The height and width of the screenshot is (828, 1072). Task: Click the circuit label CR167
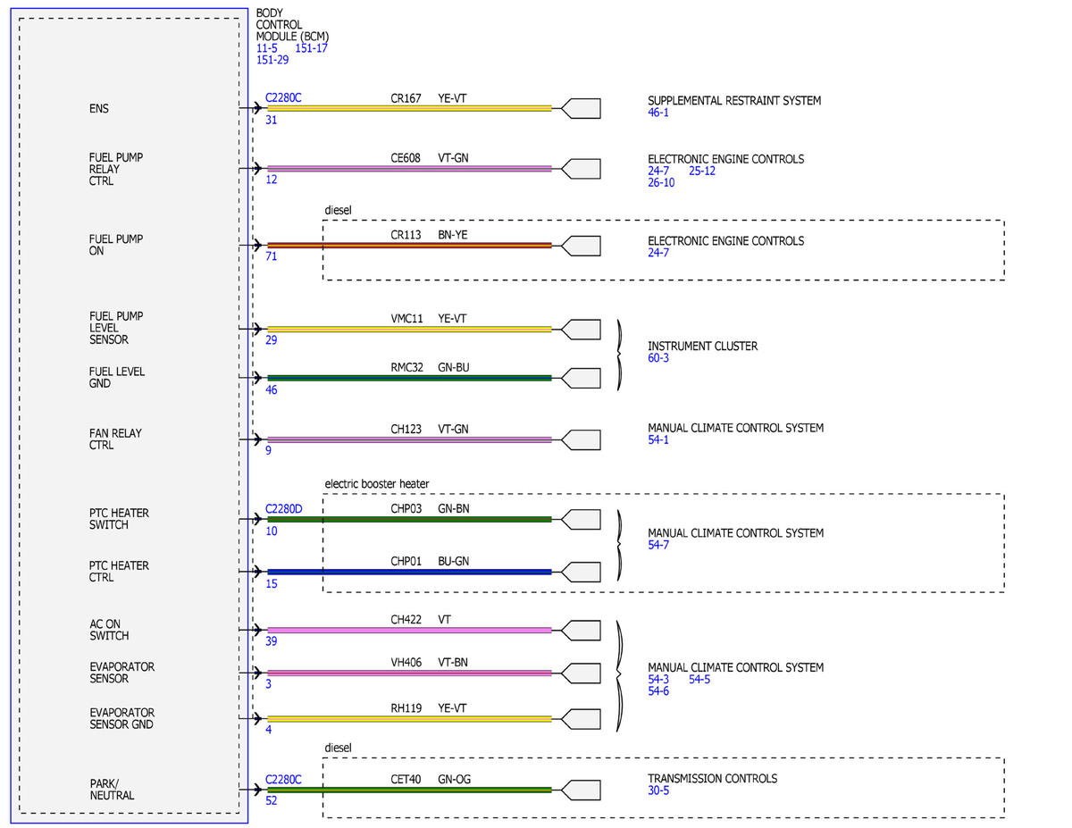pos(406,98)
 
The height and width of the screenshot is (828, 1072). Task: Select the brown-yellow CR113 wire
pos(409,246)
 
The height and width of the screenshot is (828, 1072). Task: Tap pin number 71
pos(271,256)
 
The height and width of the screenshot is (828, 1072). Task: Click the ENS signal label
pos(98,108)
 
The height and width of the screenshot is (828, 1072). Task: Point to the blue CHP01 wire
pos(409,572)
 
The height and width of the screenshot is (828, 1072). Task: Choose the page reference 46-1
pos(658,113)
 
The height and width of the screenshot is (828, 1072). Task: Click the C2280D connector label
pos(284,509)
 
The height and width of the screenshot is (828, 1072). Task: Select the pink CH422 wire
pos(409,631)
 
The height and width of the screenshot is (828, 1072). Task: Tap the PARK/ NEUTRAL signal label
pos(112,790)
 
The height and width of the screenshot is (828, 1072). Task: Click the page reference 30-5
pos(658,790)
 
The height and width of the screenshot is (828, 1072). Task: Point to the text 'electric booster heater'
pos(376,484)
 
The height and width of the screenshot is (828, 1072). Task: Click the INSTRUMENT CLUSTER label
pos(702,347)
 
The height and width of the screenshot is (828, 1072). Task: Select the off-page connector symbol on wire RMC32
pos(581,378)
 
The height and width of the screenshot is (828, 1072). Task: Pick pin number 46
pos(271,390)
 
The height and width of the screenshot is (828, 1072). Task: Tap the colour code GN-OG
pos(454,779)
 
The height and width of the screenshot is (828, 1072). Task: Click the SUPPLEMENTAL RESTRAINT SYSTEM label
pos(734,101)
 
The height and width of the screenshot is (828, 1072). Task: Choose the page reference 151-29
pos(272,60)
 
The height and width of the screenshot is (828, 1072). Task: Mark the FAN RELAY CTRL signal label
pos(115,439)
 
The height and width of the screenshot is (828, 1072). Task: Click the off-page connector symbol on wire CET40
pos(581,790)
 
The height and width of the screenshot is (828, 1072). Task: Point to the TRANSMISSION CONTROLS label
pos(712,779)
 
